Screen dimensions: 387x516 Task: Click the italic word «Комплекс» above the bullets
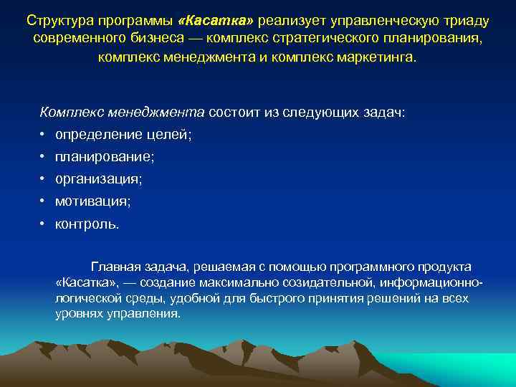pos(70,112)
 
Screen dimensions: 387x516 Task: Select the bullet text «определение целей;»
pos(123,134)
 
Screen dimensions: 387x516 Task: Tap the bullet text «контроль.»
pos(87,224)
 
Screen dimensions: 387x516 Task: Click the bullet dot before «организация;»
pos(43,178)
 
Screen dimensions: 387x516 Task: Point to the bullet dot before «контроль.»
pos(43,224)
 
